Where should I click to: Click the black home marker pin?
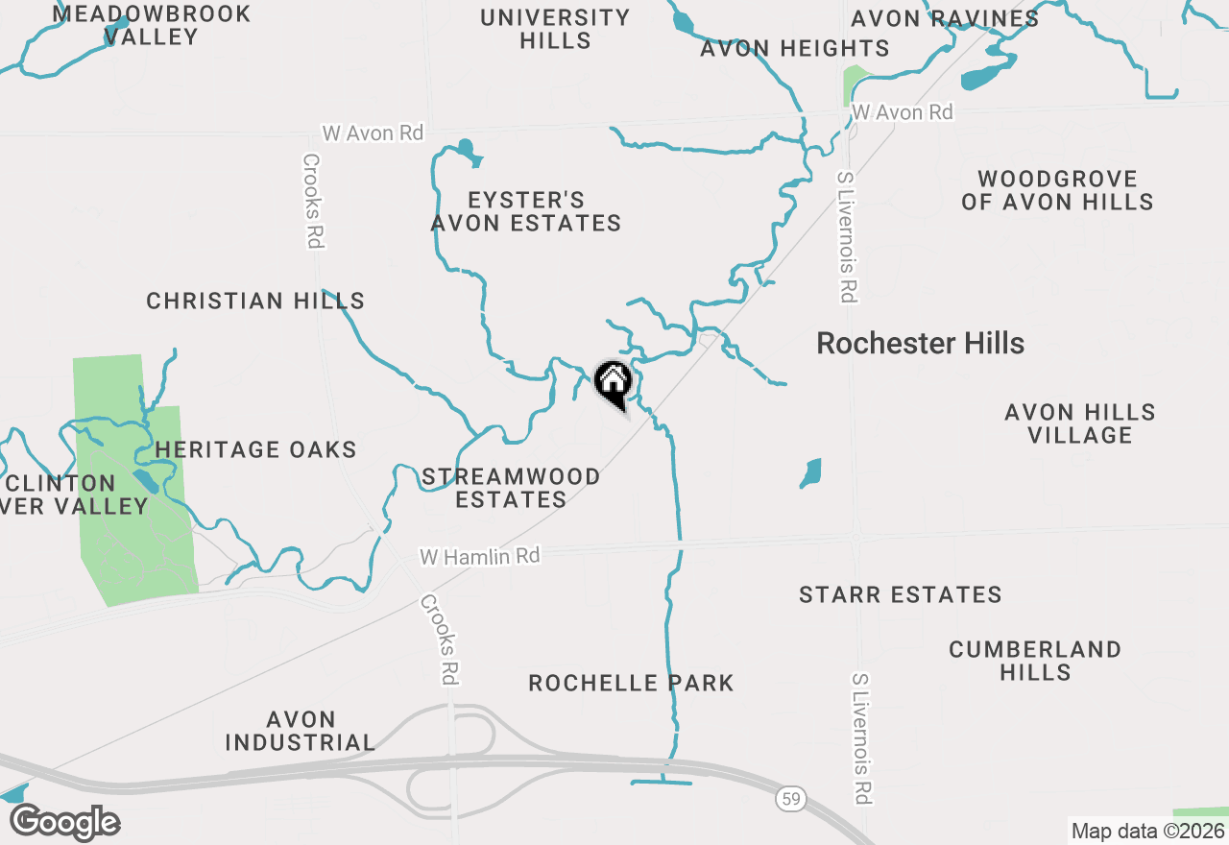click(613, 383)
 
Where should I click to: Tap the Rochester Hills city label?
click(920, 344)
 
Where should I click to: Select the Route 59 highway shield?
click(789, 799)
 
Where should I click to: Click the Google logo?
click(64, 822)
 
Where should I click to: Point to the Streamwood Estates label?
click(511, 488)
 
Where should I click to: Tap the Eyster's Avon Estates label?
click(526, 211)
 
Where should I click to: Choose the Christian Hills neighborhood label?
click(255, 302)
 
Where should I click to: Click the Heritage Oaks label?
click(255, 449)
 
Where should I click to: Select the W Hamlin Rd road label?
click(480, 556)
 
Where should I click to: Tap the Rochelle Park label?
click(631, 684)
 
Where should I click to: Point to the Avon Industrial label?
click(301, 731)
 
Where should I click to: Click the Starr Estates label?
click(900, 595)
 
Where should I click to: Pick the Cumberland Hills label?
click(1035, 661)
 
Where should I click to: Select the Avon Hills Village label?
click(1080, 423)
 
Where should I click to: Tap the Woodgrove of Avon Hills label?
click(1057, 190)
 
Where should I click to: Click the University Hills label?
click(555, 29)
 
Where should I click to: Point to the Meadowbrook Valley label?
click(152, 25)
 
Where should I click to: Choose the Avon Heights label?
click(794, 48)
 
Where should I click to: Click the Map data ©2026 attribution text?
click(1147, 832)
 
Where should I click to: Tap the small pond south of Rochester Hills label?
click(811, 472)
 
